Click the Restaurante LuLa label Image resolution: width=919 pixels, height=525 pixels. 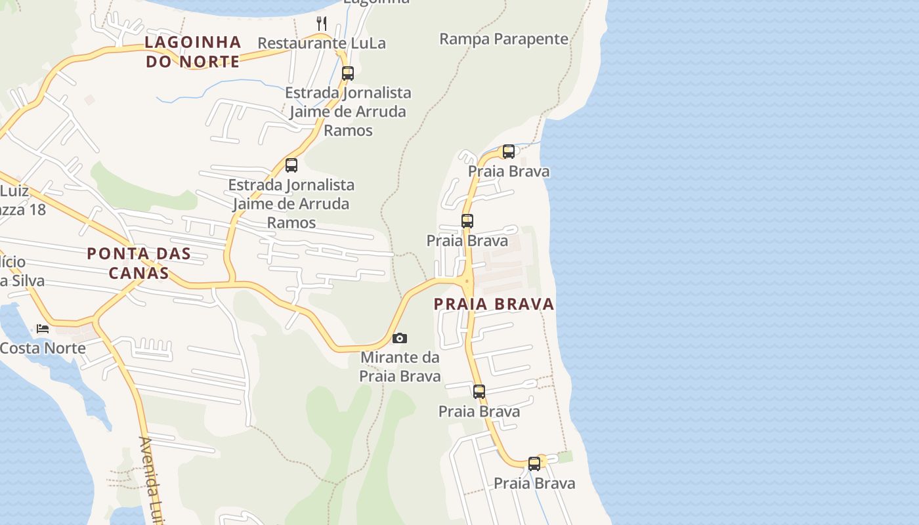[x=322, y=43]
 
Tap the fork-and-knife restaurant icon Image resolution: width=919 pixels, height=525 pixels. [x=322, y=24]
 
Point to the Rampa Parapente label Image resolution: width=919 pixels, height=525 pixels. [x=503, y=39]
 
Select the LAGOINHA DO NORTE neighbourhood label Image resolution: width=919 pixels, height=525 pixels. [x=192, y=52]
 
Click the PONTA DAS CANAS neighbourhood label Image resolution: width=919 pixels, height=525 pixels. [x=139, y=262]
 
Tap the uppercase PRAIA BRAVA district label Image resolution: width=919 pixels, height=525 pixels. [x=494, y=304]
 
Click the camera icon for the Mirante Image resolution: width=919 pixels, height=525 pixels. [x=399, y=339]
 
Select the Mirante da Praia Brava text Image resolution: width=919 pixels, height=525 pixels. [x=400, y=367]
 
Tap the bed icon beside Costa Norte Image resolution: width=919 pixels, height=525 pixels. [x=43, y=328]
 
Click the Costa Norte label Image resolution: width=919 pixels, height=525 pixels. [x=43, y=348]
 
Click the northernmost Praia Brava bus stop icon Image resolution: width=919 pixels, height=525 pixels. [x=508, y=152]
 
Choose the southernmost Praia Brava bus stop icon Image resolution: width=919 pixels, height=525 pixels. [x=534, y=463]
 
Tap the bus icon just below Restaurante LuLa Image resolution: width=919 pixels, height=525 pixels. [x=347, y=73]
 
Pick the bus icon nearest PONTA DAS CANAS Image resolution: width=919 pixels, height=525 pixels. [x=291, y=165]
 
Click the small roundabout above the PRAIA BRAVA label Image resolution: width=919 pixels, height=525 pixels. [x=467, y=281]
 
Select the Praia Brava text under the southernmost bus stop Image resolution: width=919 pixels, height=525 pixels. [x=534, y=484]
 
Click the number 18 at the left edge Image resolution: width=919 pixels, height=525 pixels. [x=37, y=210]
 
